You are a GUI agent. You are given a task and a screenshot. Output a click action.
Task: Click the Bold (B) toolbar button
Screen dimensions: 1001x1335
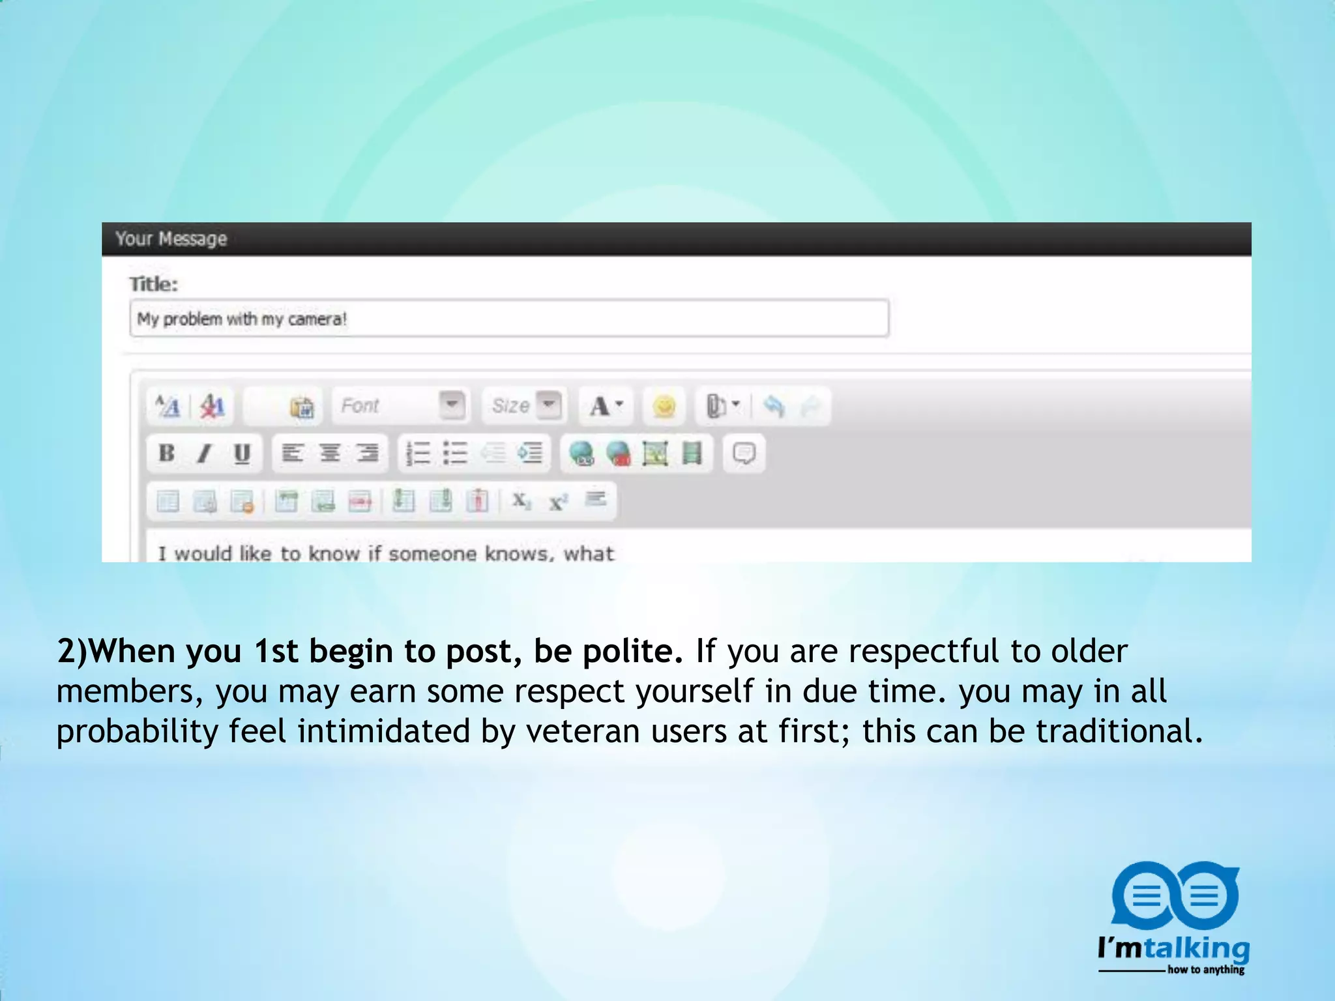(x=167, y=453)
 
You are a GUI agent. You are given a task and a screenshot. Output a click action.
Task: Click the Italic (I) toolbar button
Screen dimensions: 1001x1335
(x=205, y=453)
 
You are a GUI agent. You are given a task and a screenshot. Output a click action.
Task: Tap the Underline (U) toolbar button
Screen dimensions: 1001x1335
(x=242, y=453)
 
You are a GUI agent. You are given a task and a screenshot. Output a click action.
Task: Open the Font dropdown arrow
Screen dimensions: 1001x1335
(x=452, y=405)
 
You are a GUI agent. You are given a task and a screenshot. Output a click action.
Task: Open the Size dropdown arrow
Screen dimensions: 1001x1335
(x=550, y=405)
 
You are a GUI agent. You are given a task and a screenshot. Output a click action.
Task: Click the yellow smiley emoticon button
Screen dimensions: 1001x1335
(x=664, y=407)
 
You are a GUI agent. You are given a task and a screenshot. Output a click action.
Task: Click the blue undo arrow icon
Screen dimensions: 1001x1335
(x=774, y=406)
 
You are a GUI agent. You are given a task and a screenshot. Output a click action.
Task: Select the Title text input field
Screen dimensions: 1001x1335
(x=508, y=319)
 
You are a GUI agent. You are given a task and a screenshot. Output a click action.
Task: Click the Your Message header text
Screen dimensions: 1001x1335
(x=171, y=239)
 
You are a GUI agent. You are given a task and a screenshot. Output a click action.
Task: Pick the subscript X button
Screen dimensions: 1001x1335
(x=521, y=500)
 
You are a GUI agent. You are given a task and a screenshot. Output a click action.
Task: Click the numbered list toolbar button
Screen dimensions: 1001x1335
(x=418, y=453)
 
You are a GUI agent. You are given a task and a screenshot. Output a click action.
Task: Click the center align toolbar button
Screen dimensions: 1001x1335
(x=330, y=453)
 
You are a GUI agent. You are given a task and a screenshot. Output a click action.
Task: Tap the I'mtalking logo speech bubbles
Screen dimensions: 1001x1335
(x=1174, y=897)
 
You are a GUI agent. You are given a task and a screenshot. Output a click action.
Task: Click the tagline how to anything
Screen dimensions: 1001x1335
(x=1205, y=970)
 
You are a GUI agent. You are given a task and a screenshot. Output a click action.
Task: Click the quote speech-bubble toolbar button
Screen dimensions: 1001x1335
(x=744, y=453)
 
